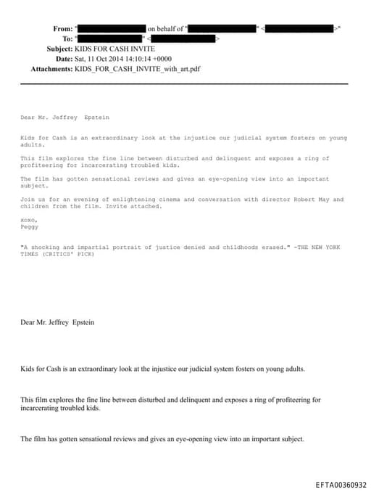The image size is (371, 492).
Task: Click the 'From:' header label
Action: click(x=63, y=28)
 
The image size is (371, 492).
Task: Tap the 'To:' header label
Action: click(x=67, y=38)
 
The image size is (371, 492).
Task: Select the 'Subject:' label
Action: click(x=59, y=48)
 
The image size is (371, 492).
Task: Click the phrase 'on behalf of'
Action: click(x=165, y=28)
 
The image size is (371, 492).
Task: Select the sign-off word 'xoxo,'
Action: click(x=28, y=219)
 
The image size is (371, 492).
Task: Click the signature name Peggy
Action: click(x=29, y=226)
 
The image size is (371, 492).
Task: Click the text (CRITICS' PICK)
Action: click(x=67, y=254)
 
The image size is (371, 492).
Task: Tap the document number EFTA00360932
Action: click(x=341, y=485)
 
